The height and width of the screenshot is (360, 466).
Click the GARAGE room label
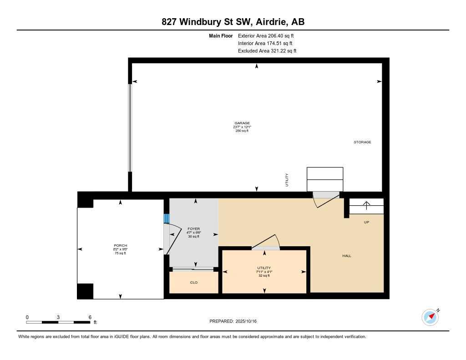[242, 123]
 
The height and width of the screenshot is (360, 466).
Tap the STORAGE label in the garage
[362, 142]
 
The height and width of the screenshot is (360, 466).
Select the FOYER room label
[194, 229]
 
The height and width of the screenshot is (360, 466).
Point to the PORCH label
[120, 246]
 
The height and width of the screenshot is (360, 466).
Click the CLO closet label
[194, 282]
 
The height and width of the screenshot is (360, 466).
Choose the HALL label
[347, 256]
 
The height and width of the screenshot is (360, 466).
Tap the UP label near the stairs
[366, 222]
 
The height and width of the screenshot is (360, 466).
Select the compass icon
[430, 317]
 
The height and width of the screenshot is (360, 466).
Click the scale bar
[58, 322]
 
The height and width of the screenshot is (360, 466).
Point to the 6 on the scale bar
[90, 317]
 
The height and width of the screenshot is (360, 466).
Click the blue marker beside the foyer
[166, 219]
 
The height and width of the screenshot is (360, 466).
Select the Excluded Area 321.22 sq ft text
[267, 51]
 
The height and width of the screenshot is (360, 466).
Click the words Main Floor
[221, 35]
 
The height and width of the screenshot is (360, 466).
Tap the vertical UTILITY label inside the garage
[287, 180]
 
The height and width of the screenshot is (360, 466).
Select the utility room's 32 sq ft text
[264, 275]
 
